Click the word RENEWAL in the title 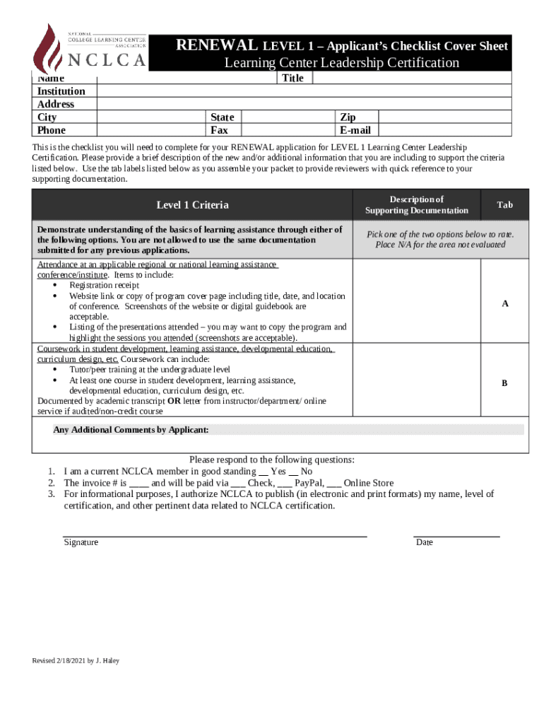tap(217, 46)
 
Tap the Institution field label tap(61, 91)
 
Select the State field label tap(222, 117)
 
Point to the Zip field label tap(348, 117)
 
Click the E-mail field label tap(355, 130)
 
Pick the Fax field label tap(219, 130)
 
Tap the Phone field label tap(52, 130)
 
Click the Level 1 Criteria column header tap(192, 205)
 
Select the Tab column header tap(504, 205)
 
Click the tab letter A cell tap(504, 303)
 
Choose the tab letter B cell tap(504, 383)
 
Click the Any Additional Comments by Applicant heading tap(131, 430)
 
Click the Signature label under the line tap(81, 542)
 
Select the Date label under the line tap(425, 542)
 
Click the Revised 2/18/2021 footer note tap(76, 660)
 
